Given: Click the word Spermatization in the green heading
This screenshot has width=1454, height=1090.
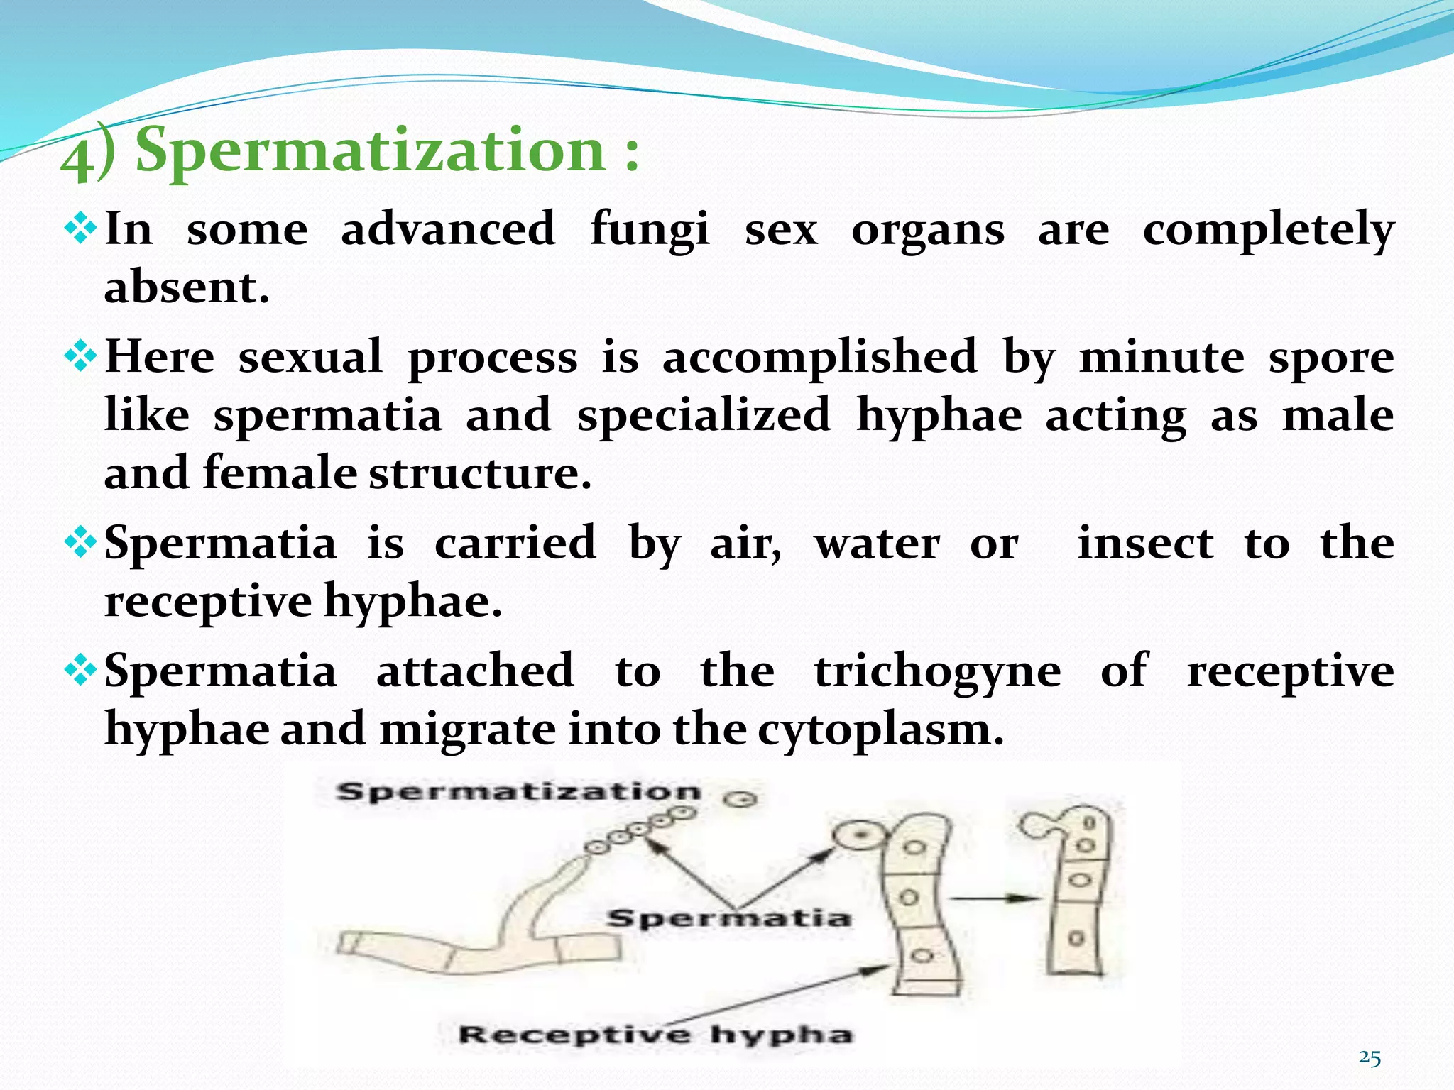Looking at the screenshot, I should tap(369, 150).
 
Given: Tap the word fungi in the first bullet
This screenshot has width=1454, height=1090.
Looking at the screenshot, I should tap(649, 229).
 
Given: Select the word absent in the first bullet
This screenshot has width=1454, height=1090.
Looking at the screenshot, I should tap(186, 287).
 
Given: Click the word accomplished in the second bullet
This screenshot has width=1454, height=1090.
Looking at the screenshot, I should tap(819, 356).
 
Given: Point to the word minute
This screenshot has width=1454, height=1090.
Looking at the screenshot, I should tap(1161, 356).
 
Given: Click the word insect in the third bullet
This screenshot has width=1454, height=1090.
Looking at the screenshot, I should tap(1145, 544).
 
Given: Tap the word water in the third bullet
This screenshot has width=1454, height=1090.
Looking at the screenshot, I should tap(877, 544).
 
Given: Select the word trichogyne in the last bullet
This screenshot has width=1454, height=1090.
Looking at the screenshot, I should tap(937, 671).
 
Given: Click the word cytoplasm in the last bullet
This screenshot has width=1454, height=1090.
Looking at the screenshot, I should tap(880, 730).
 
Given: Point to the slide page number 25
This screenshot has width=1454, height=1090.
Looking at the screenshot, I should tap(1370, 1058).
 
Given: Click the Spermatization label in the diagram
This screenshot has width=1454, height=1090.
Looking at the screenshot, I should tap(518, 792).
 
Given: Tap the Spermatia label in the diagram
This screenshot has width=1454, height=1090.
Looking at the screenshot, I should tap(728, 918).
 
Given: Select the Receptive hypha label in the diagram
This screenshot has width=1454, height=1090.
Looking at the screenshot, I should tap(655, 1035).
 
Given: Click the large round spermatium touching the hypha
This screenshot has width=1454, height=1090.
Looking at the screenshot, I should tap(860, 836).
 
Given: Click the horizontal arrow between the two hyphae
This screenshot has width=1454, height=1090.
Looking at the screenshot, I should tap(994, 898).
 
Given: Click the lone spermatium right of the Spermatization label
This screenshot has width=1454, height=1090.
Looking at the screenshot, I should tap(741, 799).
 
